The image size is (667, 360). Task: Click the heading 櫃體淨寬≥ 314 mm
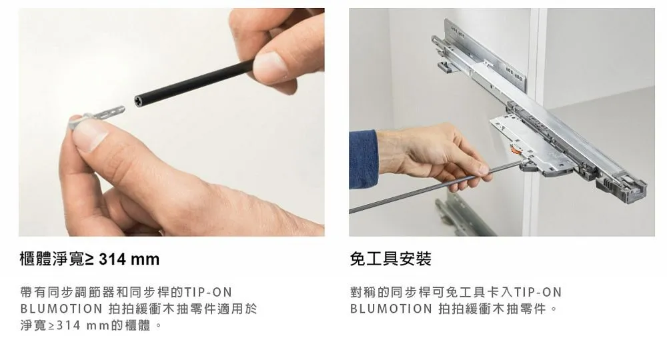(89, 259)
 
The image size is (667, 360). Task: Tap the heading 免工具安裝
(390, 259)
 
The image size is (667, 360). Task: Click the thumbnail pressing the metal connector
(89, 135)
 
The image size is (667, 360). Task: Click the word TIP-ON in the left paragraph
(208, 293)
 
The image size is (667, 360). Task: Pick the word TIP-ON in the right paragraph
(538, 293)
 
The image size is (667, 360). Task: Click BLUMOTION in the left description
(61, 309)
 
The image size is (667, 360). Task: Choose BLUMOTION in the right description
(391, 309)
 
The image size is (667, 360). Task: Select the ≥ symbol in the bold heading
(89, 259)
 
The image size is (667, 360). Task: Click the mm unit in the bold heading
(145, 260)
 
